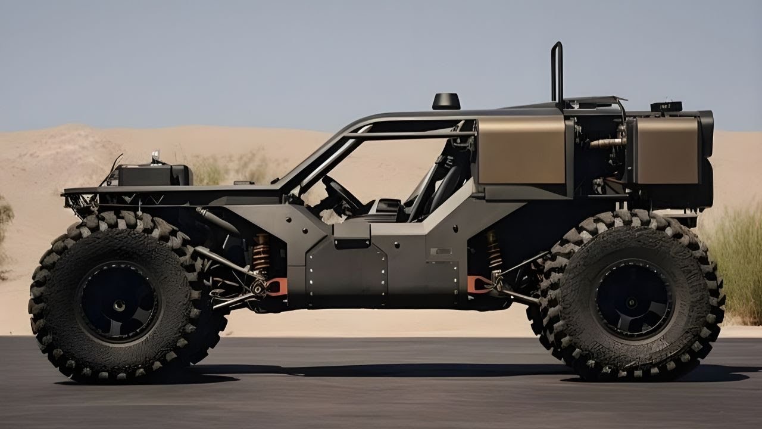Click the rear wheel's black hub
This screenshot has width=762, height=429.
point(633,300)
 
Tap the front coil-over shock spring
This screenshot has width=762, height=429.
point(261,253)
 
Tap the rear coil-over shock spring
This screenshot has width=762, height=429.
point(494,250)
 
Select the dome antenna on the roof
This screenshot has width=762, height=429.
point(446,101)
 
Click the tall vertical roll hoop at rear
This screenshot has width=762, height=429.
point(557,71)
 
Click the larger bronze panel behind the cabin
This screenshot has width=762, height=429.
point(521,150)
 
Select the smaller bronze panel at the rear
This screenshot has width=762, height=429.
point(667,150)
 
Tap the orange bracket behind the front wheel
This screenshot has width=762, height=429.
point(277,287)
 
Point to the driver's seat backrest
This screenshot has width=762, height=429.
point(444,185)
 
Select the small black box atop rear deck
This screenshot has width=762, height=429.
point(666,107)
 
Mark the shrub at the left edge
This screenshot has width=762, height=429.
point(5,232)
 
